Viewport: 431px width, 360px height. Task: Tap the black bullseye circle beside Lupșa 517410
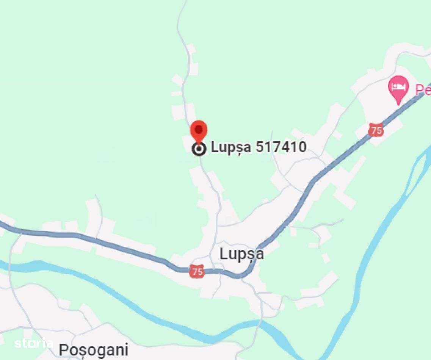[x=199, y=149]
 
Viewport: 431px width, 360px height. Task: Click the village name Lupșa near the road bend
[x=241, y=254]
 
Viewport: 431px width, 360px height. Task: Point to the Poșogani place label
[x=93, y=350]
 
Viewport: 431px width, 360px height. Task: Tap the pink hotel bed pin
[x=398, y=89]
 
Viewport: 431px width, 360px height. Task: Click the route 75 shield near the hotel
[x=376, y=130]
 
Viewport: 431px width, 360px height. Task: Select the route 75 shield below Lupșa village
[x=197, y=271]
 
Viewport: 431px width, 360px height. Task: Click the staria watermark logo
[x=33, y=343]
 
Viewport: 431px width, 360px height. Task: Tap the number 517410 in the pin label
[x=281, y=147]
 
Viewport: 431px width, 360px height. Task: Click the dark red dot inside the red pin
[x=199, y=129]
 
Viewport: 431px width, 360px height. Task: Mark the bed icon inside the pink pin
[x=398, y=86]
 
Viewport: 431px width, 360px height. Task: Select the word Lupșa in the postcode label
[x=231, y=147]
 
